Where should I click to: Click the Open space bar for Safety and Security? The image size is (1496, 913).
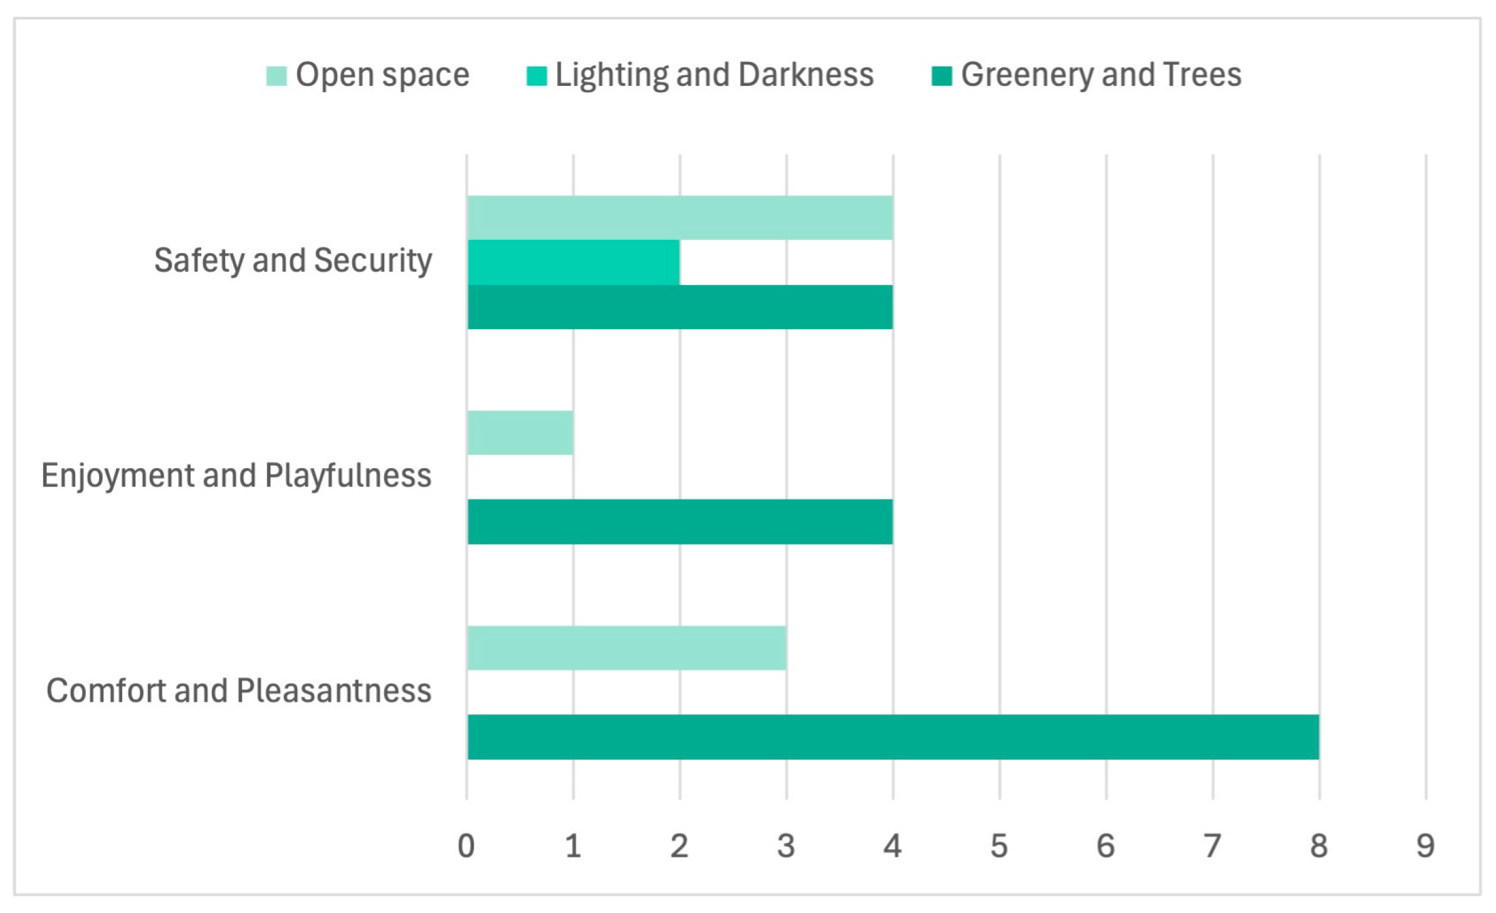(x=680, y=217)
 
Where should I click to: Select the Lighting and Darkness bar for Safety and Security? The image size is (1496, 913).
(x=573, y=263)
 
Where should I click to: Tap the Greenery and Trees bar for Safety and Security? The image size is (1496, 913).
(x=680, y=307)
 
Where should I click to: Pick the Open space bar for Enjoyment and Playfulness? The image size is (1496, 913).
(x=520, y=432)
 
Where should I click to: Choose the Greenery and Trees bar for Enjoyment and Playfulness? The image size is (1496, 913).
(x=680, y=521)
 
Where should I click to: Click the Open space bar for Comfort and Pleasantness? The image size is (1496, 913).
(x=627, y=648)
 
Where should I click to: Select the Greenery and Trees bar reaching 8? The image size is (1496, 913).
(x=893, y=737)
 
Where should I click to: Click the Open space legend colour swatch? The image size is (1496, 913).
(x=276, y=76)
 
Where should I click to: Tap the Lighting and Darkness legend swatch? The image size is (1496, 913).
(x=536, y=76)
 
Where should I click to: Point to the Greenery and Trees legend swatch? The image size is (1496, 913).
(x=942, y=76)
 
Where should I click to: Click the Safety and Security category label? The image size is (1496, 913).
(x=293, y=261)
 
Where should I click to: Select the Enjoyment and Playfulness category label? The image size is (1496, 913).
(x=236, y=476)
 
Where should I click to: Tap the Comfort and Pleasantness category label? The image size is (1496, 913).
(x=239, y=691)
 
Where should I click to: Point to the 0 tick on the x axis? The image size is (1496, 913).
(x=466, y=846)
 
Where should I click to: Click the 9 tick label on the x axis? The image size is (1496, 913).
(x=1426, y=846)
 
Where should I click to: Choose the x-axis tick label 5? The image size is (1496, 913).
(x=1000, y=846)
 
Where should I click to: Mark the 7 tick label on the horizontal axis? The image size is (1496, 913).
(x=1213, y=846)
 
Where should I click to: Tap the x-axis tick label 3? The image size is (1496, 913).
(x=786, y=846)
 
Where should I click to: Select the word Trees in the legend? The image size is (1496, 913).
(x=1202, y=75)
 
